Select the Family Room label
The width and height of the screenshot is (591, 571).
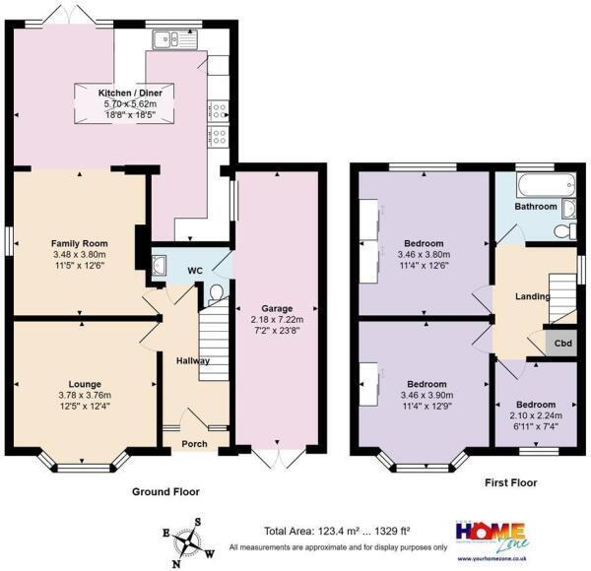point(79,242)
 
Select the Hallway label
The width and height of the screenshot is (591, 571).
point(192,361)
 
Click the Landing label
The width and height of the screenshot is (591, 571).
point(532,295)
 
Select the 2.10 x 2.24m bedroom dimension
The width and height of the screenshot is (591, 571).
point(536,415)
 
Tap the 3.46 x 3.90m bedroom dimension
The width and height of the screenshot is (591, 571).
point(424,395)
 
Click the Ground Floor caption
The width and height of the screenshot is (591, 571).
point(165,490)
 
